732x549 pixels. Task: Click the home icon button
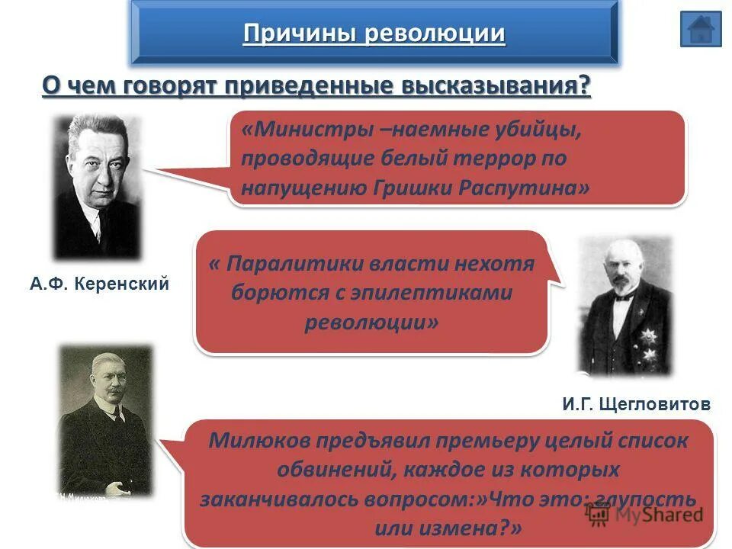coord(700,29)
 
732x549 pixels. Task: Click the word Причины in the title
coord(300,34)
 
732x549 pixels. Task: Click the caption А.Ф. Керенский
coord(99,284)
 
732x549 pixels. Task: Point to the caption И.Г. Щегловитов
coord(637,404)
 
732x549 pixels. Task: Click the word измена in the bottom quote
coord(476,528)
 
